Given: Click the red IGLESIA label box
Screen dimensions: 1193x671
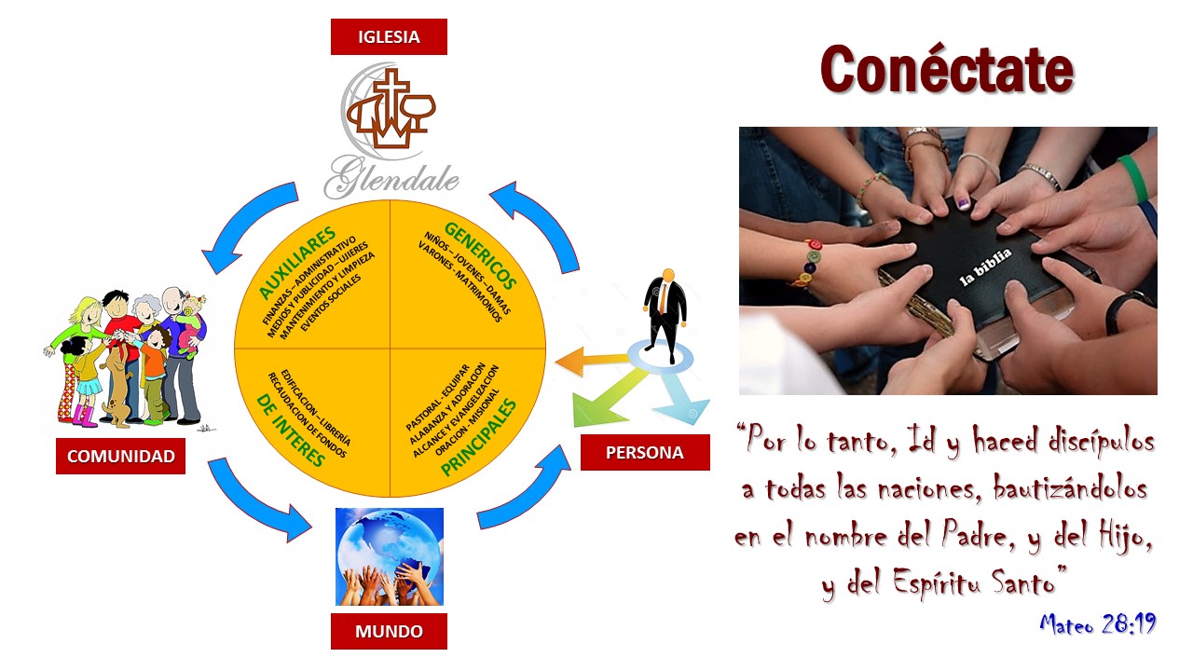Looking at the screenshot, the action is click(x=389, y=36).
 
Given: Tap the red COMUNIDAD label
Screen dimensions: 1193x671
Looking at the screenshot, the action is click(x=121, y=456).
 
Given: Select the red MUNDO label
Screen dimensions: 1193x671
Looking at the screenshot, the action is click(x=389, y=631).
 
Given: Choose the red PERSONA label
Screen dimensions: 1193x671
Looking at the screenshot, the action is click(x=645, y=452).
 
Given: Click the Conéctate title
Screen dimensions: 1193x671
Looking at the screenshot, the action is click(x=947, y=70).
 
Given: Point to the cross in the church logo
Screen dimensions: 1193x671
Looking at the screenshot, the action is click(x=391, y=102).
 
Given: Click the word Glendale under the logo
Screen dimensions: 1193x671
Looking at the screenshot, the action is click(x=391, y=177).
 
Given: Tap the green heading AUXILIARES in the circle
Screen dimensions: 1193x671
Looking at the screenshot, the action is click(x=297, y=262).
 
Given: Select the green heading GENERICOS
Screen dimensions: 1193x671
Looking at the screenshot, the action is click(x=480, y=255).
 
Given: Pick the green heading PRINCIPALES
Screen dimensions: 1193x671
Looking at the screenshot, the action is click(x=479, y=437).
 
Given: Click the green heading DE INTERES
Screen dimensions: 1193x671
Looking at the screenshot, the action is click(x=290, y=431).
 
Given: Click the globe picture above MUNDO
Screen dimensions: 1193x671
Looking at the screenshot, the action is click(x=390, y=556).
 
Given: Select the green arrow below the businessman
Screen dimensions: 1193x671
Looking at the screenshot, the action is click(x=607, y=400).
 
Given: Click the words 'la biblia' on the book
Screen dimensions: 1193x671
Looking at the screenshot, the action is click(x=986, y=267).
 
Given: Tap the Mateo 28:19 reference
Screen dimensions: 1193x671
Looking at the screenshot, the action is click(x=1098, y=623).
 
